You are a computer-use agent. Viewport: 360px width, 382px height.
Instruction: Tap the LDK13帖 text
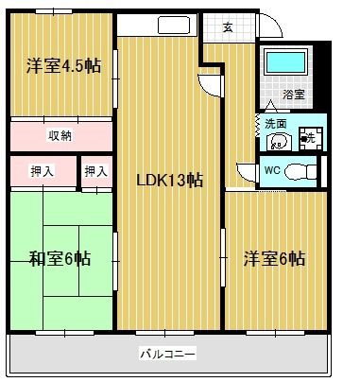point(170,179)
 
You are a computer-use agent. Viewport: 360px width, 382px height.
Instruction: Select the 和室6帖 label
point(59,257)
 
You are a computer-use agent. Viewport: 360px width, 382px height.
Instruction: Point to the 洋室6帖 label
point(274,257)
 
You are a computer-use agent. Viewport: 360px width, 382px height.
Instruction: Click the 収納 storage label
point(60,135)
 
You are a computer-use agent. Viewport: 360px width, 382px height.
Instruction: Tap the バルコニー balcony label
point(167,354)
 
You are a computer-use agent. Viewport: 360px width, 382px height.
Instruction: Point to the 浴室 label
point(293,95)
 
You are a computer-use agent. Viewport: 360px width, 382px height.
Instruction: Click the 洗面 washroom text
point(275,124)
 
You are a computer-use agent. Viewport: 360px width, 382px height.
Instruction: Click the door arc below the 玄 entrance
point(212,82)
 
